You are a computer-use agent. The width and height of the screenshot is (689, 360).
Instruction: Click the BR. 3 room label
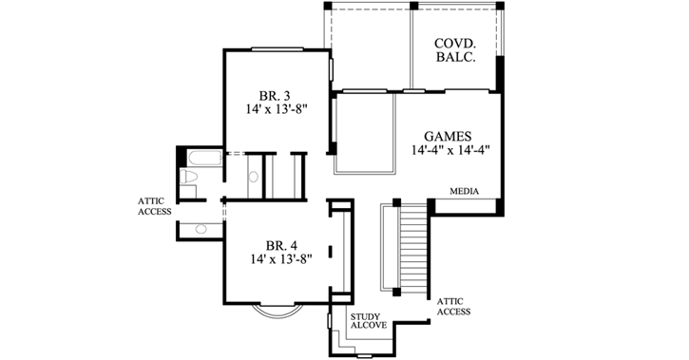pyautogui.click(x=274, y=95)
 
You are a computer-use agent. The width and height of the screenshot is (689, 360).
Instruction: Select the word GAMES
pyautogui.click(x=448, y=136)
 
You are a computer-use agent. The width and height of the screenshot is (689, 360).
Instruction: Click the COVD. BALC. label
pyautogui.click(x=456, y=53)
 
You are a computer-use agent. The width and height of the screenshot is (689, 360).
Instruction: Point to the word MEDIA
pyautogui.click(x=465, y=191)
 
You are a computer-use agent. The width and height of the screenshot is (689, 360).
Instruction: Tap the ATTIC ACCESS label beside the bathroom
pyautogui.click(x=154, y=205)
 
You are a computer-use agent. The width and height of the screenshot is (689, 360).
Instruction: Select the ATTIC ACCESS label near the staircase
pyautogui.click(x=451, y=306)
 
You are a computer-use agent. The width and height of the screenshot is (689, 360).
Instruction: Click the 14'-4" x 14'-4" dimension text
pyautogui.click(x=450, y=150)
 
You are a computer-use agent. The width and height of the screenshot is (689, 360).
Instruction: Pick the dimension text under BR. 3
pyautogui.click(x=274, y=109)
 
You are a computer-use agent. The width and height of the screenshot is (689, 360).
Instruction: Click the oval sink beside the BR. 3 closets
pyautogui.click(x=255, y=176)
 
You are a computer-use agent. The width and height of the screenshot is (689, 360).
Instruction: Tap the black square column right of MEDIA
pyautogui.click(x=431, y=205)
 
